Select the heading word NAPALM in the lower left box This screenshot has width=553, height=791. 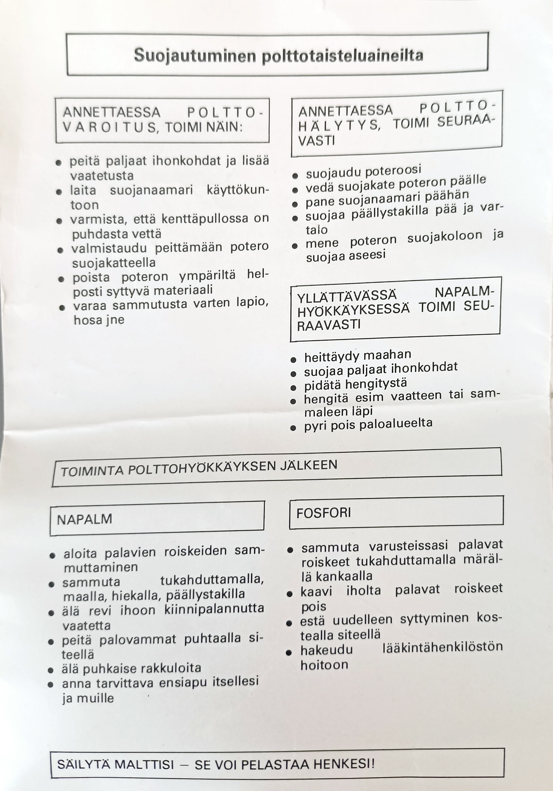[85, 519]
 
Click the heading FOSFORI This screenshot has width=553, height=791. [324, 513]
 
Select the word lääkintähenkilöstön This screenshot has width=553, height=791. [442, 647]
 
